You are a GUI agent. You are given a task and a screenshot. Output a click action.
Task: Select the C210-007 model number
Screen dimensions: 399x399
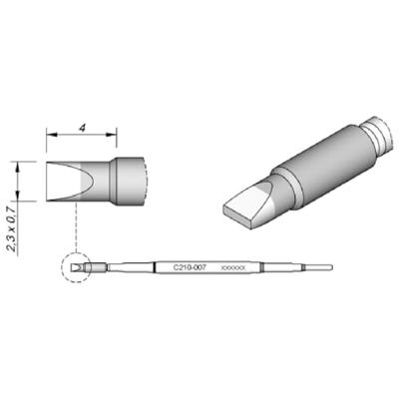click(x=191, y=267)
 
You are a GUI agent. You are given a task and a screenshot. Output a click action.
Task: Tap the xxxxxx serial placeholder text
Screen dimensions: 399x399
click(x=232, y=267)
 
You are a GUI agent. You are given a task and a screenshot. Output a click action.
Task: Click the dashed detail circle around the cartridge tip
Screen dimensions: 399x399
click(x=77, y=267)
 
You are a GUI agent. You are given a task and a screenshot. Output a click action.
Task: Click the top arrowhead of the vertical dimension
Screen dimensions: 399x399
click(x=19, y=165)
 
